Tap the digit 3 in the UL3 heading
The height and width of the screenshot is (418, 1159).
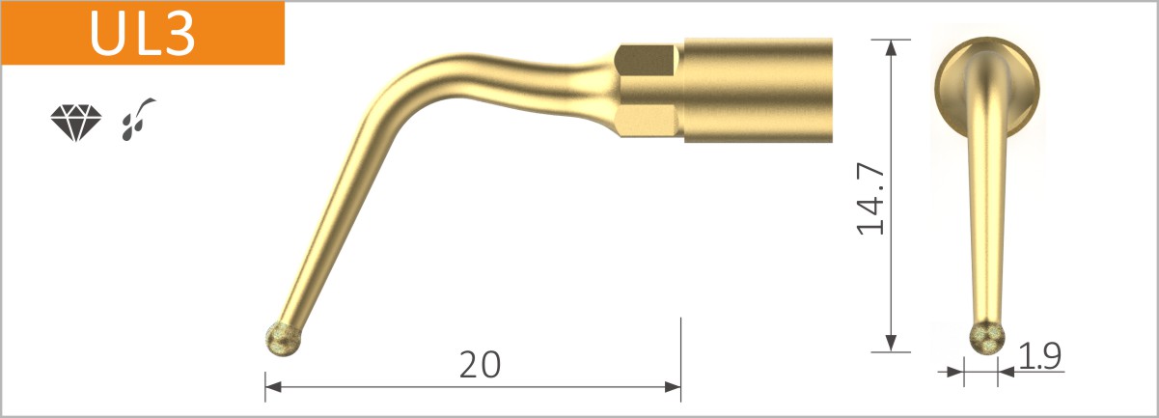179,33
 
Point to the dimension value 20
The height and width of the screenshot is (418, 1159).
480,364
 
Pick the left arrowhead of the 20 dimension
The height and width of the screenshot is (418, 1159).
273,387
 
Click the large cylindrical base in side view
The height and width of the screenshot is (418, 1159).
758,90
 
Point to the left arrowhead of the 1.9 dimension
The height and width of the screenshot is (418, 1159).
957,369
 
